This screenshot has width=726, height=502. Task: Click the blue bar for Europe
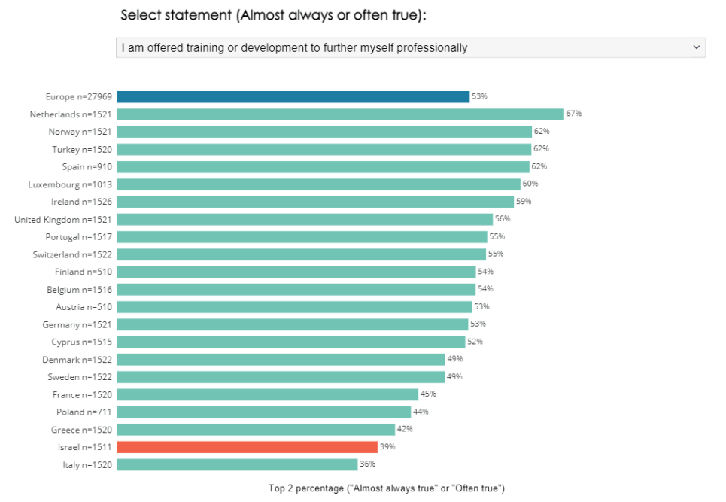pyautogui.click(x=293, y=96)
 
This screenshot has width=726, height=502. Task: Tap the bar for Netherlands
pyautogui.click(x=340, y=114)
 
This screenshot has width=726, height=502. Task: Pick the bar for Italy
pyautogui.click(x=237, y=464)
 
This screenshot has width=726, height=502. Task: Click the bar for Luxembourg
pyautogui.click(x=318, y=184)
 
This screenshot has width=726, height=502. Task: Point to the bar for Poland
pyautogui.click(x=264, y=412)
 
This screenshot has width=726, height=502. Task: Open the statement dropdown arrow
pyautogui.click(x=695, y=47)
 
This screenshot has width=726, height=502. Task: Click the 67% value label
pyautogui.click(x=575, y=114)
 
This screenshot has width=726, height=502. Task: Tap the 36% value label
pyautogui.click(x=368, y=464)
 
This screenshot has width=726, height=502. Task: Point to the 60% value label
pyautogui.click(x=531, y=184)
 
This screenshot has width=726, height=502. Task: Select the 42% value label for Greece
pyautogui.click(x=406, y=429)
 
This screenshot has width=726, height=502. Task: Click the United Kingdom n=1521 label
pyautogui.click(x=63, y=219)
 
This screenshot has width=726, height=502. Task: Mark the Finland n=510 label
pyautogui.click(x=83, y=272)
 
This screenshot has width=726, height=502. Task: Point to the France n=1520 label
pyautogui.click(x=82, y=394)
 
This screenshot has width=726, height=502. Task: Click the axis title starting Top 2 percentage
pyautogui.click(x=386, y=488)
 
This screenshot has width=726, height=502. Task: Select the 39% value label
pyautogui.click(x=387, y=447)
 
